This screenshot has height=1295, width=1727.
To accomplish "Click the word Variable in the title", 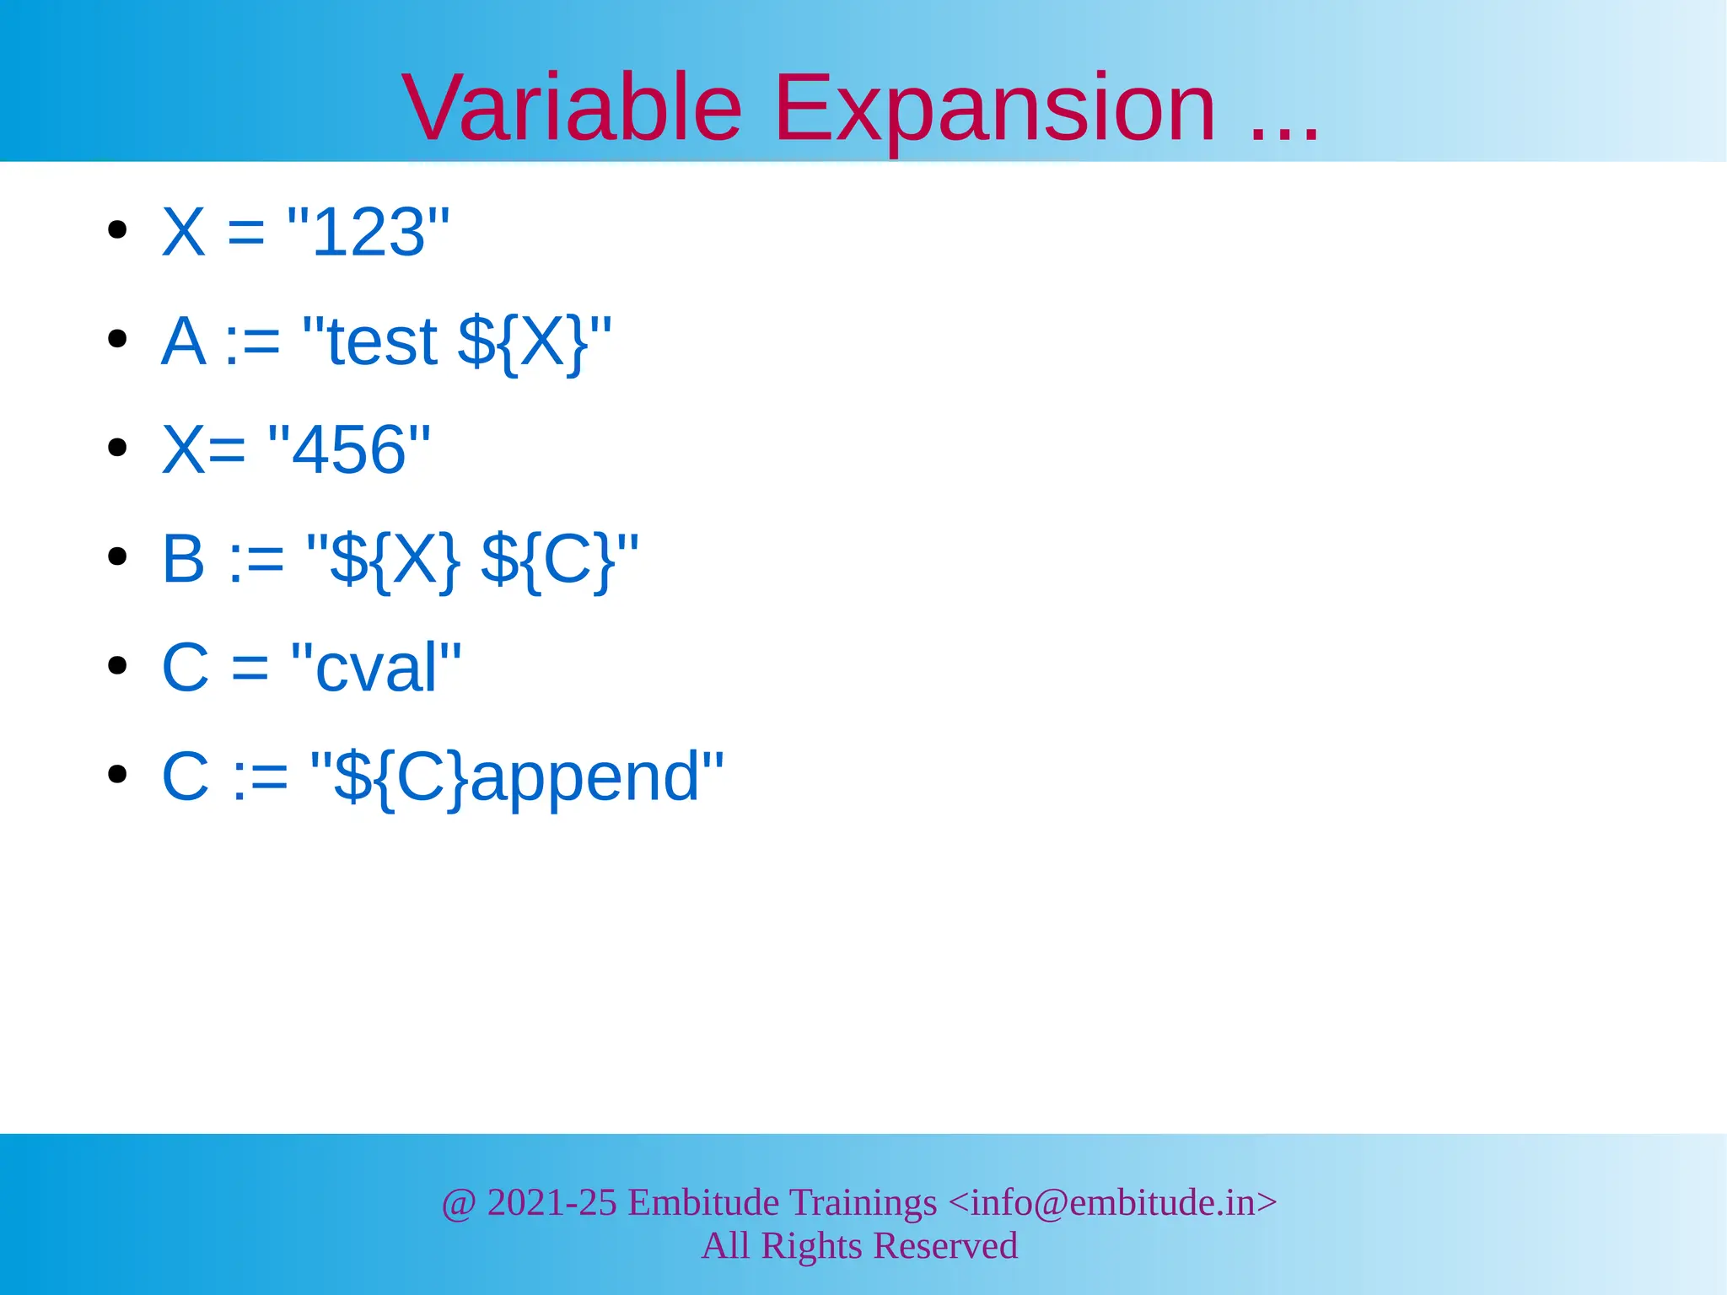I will pyautogui.click(x=572, y=108).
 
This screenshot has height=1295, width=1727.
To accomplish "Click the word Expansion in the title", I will pyautogui.click(x=994, y=108).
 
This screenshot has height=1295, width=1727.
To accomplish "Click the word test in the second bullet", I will pyautogui.click(x=382, y=341).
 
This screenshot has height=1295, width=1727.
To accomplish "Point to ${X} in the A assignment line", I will pyautogui.click(x=523, y=342).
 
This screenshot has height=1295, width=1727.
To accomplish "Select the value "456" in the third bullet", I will pyautogui.click(x=348, y=449).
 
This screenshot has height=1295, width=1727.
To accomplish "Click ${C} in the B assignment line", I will pyautogui.click(x=548, y=560).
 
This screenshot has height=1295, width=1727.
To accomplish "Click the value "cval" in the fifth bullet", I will pyautogui.click(x=376, y=667).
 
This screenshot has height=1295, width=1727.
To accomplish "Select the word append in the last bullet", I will pyautogui.click(x=585, y=777).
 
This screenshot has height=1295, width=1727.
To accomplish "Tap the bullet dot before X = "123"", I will pyautogui.click(x=117, y=230).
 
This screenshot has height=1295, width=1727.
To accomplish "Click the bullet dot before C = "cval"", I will pyautogui.click(x=117, y=666).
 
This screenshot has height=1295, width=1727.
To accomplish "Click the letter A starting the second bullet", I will pyautogui.click(x=183, y=341).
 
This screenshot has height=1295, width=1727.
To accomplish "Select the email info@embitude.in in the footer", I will pyautogui.click(x=1112, y=1202).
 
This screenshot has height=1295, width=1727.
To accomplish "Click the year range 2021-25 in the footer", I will pyautogui.click(x=551, y=1202).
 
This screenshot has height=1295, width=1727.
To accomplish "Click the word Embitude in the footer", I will pyautogui.click(x=703, y=1202).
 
